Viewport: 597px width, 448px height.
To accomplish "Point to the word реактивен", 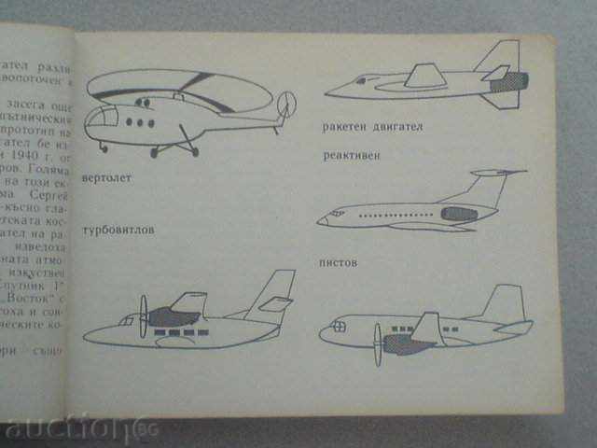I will tap(353, 158).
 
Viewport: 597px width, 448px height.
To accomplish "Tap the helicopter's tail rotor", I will tap(287, 101).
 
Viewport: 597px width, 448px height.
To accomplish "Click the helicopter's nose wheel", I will tap(103, 147).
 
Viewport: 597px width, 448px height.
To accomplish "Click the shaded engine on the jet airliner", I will tap(458, 215).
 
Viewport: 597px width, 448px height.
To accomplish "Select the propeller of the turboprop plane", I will tap(144, 316).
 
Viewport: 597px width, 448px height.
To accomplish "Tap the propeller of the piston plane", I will tap(378, 343).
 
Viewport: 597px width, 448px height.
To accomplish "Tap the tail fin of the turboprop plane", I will tap(277, 288).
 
